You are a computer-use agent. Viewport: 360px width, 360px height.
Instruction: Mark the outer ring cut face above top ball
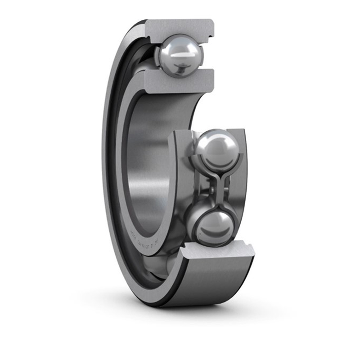180,28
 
